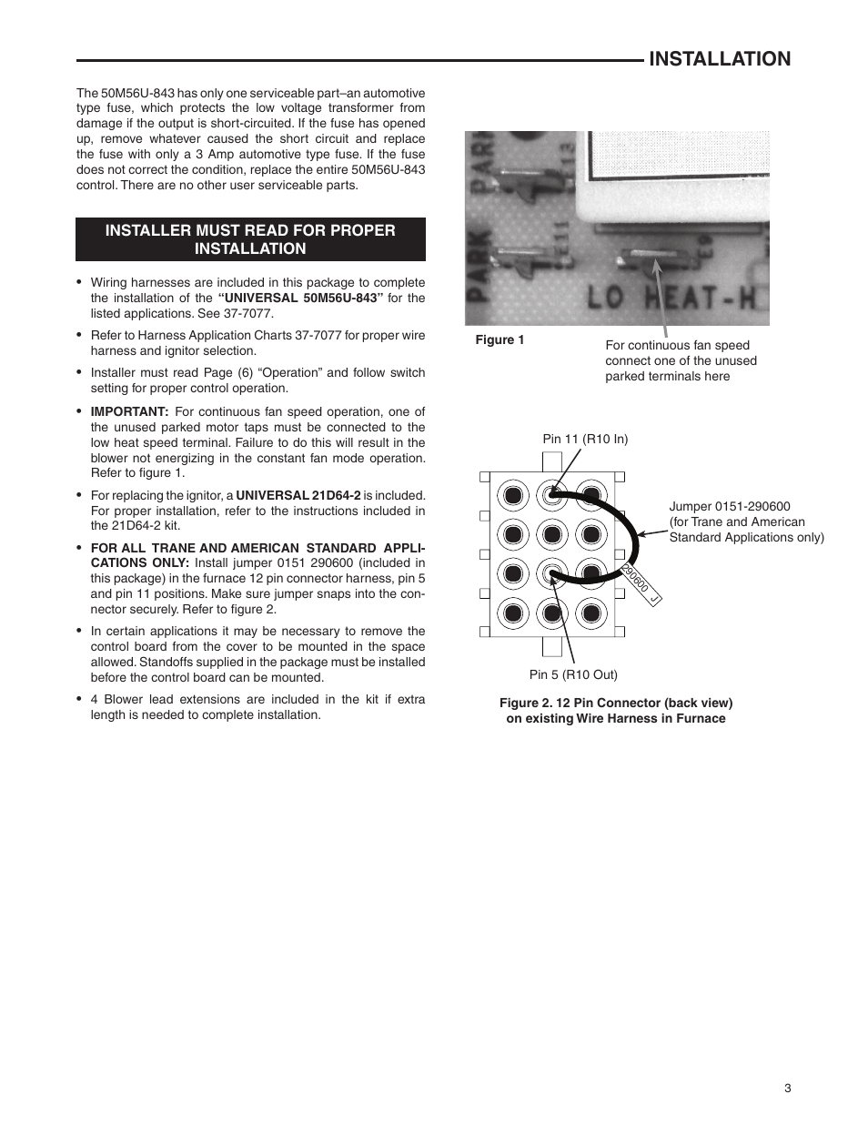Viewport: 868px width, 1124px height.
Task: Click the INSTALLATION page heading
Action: click(x=720, y=59)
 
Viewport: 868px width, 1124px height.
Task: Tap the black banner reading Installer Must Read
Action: click(x=250, y=239)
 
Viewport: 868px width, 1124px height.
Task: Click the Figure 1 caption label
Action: click(x=500, y=340)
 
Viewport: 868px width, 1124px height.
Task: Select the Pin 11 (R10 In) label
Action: click(x=585, y=439)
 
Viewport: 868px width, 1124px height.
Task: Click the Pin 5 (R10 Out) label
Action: click(x=573, y=674)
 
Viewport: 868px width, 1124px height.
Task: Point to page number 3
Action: click(x=788, y=1089)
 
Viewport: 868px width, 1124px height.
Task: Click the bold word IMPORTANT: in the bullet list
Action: click(x=129, y=411)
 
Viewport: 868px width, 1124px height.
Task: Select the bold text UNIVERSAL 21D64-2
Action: click(x=298, y=496)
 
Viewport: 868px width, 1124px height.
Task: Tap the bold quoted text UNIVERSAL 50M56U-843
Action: click(x=298, y=298)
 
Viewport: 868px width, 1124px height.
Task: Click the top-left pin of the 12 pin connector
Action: click(x=512, y=496)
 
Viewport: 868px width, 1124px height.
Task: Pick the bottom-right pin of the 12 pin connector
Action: click(x=591, y=613)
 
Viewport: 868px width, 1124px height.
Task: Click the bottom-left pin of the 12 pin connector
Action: click(x=512, y=613)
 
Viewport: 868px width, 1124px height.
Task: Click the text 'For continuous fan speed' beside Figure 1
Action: click(x=678, y=345)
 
